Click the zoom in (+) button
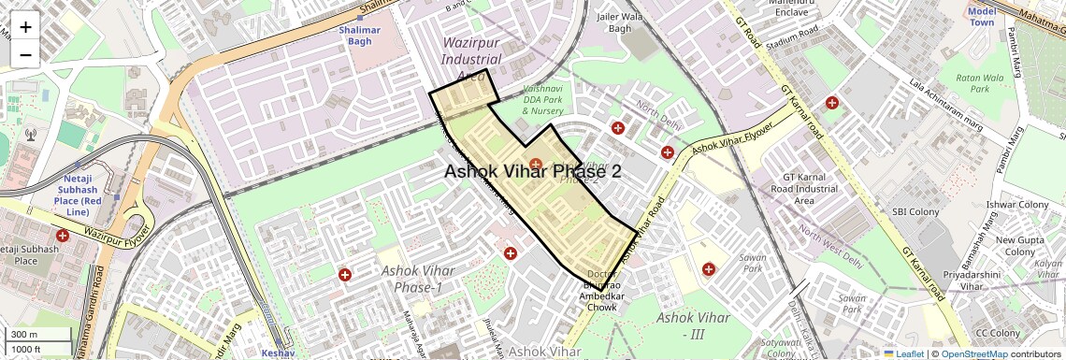pyautogui.click(x=25, y=27)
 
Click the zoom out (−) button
pyautogui.click(x=25, y=54)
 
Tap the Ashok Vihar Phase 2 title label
pyautogui.click(x=532, y=171)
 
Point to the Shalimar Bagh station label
pyautogui.click(x=360, y=36)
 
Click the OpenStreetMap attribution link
pyautogui.click(x=973, y=353)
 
